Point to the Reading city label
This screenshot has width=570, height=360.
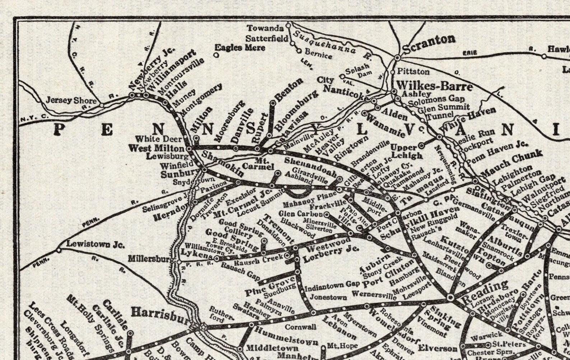tap(485, 290)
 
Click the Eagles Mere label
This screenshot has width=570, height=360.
tap(240, 47)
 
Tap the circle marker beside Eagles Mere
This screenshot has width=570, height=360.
tap(216, 55)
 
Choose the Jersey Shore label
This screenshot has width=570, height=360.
tap(71, 100)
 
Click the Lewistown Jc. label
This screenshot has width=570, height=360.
tap(95, 245)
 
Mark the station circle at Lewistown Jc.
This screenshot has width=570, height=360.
tap(59, 250)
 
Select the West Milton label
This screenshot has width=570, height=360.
tap(156, 148)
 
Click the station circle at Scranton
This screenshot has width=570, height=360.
tap(397, 57)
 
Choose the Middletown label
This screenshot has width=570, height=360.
tap(272, 348)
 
